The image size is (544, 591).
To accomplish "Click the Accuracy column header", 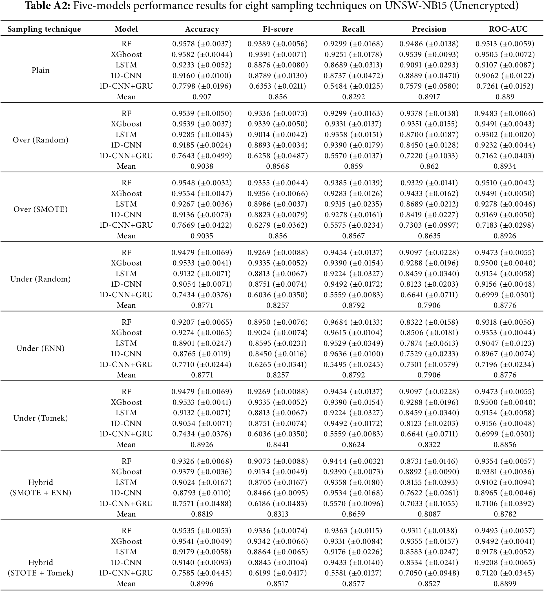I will [202, 29].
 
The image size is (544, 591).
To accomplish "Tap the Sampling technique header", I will [44, 29].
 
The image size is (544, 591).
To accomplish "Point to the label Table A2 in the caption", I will [47, 6].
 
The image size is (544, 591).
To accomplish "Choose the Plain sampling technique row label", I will [41, 70].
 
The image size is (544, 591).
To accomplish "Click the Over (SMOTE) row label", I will [41, 209].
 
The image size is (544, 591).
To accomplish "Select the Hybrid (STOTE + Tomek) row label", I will [41, 567].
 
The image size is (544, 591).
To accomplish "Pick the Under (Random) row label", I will [41, 279].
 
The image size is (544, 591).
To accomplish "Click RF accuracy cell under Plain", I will [202, 44].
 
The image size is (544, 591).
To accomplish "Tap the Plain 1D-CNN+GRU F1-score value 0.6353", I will [278, 86].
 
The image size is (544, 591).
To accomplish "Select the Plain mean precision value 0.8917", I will [429, 97].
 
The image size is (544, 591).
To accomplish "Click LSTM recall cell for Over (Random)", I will [353, 134].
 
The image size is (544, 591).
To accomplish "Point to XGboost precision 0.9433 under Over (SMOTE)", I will [429, 193].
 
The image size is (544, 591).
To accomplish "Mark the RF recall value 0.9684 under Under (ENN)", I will [353, 322].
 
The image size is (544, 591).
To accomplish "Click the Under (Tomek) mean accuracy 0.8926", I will [202, 444].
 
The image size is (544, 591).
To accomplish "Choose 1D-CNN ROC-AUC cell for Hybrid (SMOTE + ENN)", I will [505, 493].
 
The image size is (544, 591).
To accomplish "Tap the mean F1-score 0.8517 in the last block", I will [278, 583].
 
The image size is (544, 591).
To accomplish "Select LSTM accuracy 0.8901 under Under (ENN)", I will [202, 343].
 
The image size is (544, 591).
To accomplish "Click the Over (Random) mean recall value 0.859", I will [353, 166].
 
